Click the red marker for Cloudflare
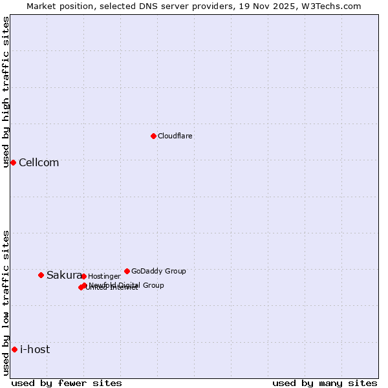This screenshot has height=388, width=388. pos(153,136)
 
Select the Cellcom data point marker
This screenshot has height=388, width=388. pos(13,162)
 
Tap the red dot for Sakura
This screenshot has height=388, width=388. pos(41,275)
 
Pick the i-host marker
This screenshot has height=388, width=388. pos(14,349)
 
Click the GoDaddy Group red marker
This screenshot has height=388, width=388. pos(127,271)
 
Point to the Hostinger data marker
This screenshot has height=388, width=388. pos(83,276)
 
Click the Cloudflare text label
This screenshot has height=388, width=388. pos(175,136)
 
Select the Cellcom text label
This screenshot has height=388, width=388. pos(39,163)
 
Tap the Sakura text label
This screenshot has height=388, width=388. pos(64,275)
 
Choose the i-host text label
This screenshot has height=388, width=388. pos(35,350)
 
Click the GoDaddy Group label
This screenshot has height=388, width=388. pos(158,272)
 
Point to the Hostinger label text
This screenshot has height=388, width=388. pos(104,277)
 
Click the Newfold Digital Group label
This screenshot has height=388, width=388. pos(127,285)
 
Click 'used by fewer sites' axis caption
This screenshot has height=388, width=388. pos(67,383)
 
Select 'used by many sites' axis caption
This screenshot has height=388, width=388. pos(325,383)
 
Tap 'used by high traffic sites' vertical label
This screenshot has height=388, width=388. pos(6,92)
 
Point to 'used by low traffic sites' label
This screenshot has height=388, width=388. pos(6,303)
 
